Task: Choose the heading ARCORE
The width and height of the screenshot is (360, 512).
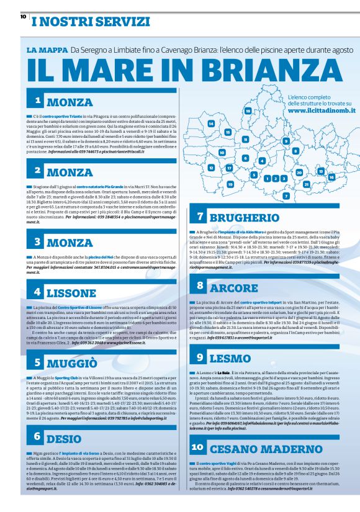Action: (233, 287)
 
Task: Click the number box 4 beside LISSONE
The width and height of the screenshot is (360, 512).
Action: (38, 291)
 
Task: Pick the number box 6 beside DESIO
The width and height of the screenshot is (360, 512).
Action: (38, 437)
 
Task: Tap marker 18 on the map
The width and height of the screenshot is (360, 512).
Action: (248, 111)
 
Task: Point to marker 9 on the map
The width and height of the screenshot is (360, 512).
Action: (286, 140)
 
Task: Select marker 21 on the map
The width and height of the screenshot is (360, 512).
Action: (306, 184)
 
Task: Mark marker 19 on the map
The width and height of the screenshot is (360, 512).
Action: (230, 184)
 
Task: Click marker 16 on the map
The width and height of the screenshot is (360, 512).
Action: (331, 177)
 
